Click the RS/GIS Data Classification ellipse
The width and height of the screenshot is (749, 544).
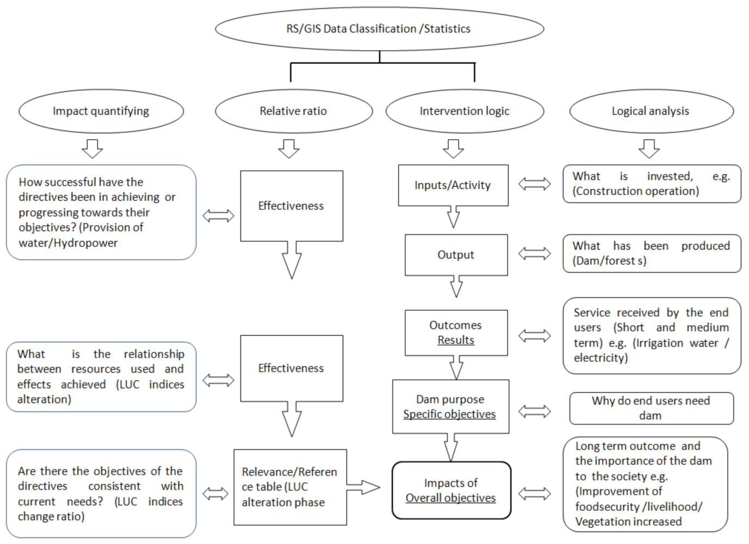pos(379,29)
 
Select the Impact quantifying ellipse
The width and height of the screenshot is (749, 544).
pos(101,111)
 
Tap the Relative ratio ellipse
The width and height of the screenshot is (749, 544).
pos(294,111)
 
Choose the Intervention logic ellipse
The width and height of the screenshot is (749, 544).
pos(465,111)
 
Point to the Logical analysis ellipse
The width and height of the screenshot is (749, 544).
pos(651,111)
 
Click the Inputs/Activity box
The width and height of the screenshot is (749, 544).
pos(453,185)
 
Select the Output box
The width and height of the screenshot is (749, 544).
pos(456,255)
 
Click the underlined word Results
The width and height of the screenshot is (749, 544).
pos(456,340)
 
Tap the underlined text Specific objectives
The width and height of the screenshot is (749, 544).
pos(449,414)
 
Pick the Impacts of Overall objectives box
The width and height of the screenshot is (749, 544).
pos(451,490)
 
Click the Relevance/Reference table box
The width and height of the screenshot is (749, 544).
pos(289,487)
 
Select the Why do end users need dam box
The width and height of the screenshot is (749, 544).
pos(651,408)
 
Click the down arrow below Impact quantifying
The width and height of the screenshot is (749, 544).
pos(92,148)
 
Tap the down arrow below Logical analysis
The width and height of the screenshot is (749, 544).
pos(649,148)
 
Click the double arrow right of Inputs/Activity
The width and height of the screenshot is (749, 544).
pos(534,184)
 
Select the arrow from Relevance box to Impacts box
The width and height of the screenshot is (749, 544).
pos(363,487)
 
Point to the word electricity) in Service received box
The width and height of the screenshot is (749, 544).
pos(601,358)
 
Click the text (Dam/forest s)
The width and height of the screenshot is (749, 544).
pos(609,261)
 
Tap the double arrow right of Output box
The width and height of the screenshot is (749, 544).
pos(534,254)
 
